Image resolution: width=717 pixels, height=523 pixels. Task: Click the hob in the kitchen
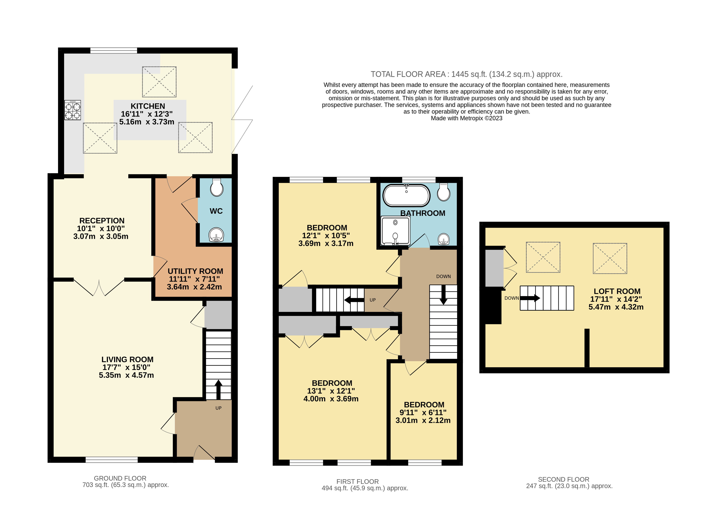[73, 110]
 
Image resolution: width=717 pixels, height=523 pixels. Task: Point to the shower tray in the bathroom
[395, 231]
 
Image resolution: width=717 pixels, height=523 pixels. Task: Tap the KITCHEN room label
[148, 106]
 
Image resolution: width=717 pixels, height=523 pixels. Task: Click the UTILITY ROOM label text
[195, 271]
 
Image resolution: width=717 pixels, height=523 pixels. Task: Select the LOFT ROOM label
[617, 291]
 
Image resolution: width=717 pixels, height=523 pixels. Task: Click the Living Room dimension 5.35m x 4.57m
[126, 375]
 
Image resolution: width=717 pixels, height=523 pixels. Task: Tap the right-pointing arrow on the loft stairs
[530, 298]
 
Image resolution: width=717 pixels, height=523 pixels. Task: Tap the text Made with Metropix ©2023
[466, 118]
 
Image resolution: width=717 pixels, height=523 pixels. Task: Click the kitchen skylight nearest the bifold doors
[195, 138]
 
